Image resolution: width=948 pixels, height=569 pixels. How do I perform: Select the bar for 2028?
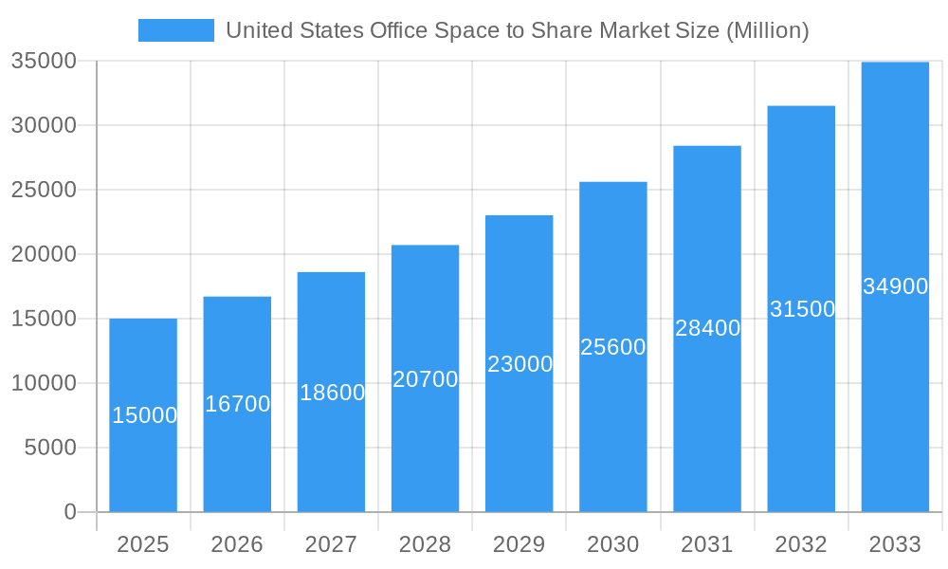425,446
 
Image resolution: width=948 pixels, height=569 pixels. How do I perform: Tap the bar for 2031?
707,417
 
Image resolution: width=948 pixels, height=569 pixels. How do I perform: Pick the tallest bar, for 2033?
895,398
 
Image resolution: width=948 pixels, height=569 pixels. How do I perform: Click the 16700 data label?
238,404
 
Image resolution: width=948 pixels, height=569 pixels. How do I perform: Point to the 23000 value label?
520,364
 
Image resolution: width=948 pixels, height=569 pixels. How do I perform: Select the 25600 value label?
613,347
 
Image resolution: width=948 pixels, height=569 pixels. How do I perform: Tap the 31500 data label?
802,309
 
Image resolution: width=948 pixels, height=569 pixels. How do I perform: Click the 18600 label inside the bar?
332,393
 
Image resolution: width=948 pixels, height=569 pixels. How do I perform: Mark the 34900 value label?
896,286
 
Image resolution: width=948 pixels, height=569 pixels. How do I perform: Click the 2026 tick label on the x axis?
237,544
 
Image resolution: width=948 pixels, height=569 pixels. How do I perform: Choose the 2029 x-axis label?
520,544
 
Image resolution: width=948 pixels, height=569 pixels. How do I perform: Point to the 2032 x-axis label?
801,544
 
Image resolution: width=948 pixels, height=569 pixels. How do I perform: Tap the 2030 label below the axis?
613,544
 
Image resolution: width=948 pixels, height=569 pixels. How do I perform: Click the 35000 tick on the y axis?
44,61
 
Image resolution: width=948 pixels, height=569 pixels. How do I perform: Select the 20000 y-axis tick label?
44,254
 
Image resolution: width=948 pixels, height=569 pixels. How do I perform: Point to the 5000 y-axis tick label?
50,448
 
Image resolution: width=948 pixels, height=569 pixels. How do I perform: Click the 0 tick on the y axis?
70,512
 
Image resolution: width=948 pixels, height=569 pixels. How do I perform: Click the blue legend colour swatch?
176,30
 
